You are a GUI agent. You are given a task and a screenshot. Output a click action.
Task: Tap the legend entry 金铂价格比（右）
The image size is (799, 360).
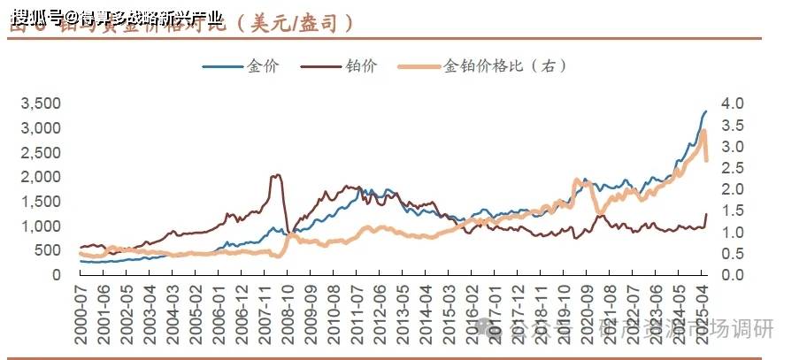click(503, 66)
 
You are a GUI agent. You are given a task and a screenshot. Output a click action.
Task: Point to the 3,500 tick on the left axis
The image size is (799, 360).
click(40, 103)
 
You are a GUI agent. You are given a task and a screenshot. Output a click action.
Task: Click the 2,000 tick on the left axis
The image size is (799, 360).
click(40, 177)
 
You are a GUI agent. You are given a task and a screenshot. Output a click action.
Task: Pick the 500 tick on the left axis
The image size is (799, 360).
click(47, 250)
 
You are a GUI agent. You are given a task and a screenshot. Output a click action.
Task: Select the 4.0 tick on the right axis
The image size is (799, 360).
click(734, 103)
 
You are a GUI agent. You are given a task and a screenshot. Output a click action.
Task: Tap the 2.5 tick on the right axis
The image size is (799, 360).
click(734, 168)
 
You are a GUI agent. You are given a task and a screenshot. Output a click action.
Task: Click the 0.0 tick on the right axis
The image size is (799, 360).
click(734, 275)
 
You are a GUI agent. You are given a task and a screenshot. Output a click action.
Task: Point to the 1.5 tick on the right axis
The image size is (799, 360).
click(734, 211)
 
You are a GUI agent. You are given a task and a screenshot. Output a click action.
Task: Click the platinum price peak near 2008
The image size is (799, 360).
click(276, 175)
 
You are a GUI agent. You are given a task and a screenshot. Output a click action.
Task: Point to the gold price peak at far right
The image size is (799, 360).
click(705, 111)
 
